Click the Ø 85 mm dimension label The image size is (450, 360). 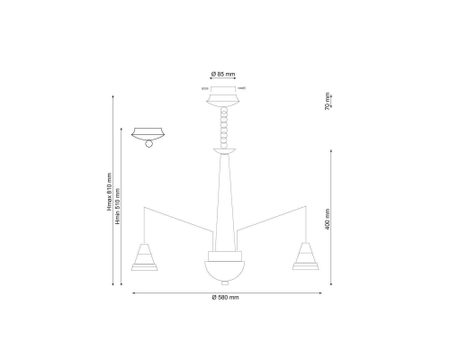click(x=223, y=74)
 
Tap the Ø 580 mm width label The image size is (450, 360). click(x=225, y=297)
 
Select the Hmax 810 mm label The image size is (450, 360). click(x=109, y=192)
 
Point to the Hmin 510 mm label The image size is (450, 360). click(x=118, y=206)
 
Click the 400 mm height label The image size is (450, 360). click(x=328, y=220)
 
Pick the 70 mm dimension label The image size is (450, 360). click(x=328, y=101)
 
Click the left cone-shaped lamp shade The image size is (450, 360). click(x=144, y=256)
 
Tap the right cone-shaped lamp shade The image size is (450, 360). click(x=306, y=256)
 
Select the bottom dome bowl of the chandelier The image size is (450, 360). click(x=225, y=271)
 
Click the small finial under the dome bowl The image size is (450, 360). click(x=225, y=283)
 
